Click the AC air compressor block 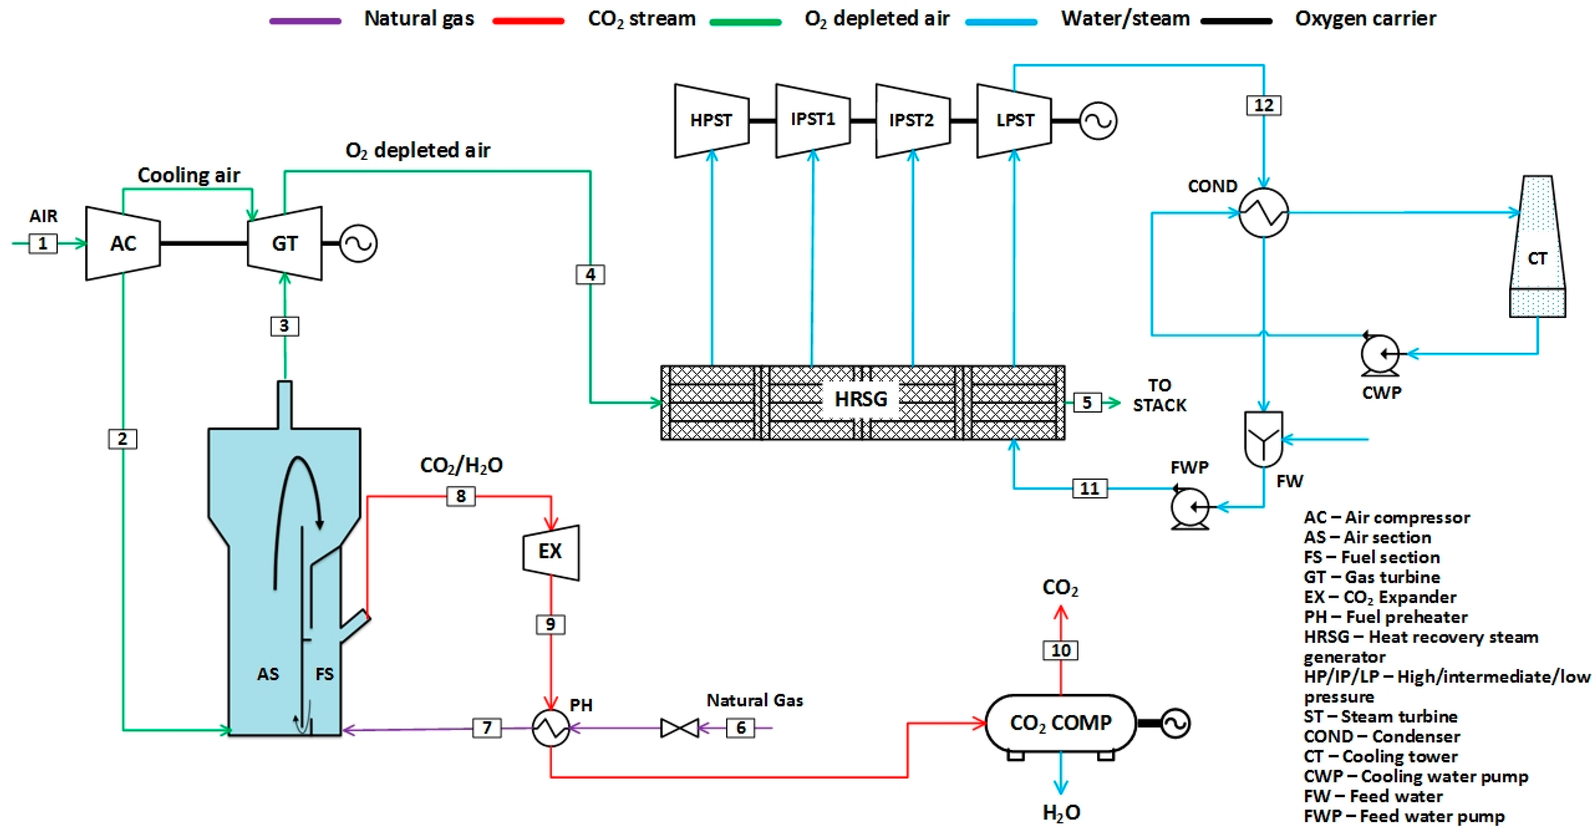tap(123, 243)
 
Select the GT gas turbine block tap(284, 243)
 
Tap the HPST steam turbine tap(711, 120)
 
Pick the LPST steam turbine tap(1014, 120)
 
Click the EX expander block tap(551, 552)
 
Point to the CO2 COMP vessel tap(1061, 723)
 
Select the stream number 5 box tap(1087, 403)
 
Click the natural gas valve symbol tap(680, 728)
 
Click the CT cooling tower tap(1537, 248)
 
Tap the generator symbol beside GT tap(358, 243)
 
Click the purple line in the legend tap(305, 21)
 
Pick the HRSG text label tap(861, 399)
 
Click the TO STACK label tap(1159, 395)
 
